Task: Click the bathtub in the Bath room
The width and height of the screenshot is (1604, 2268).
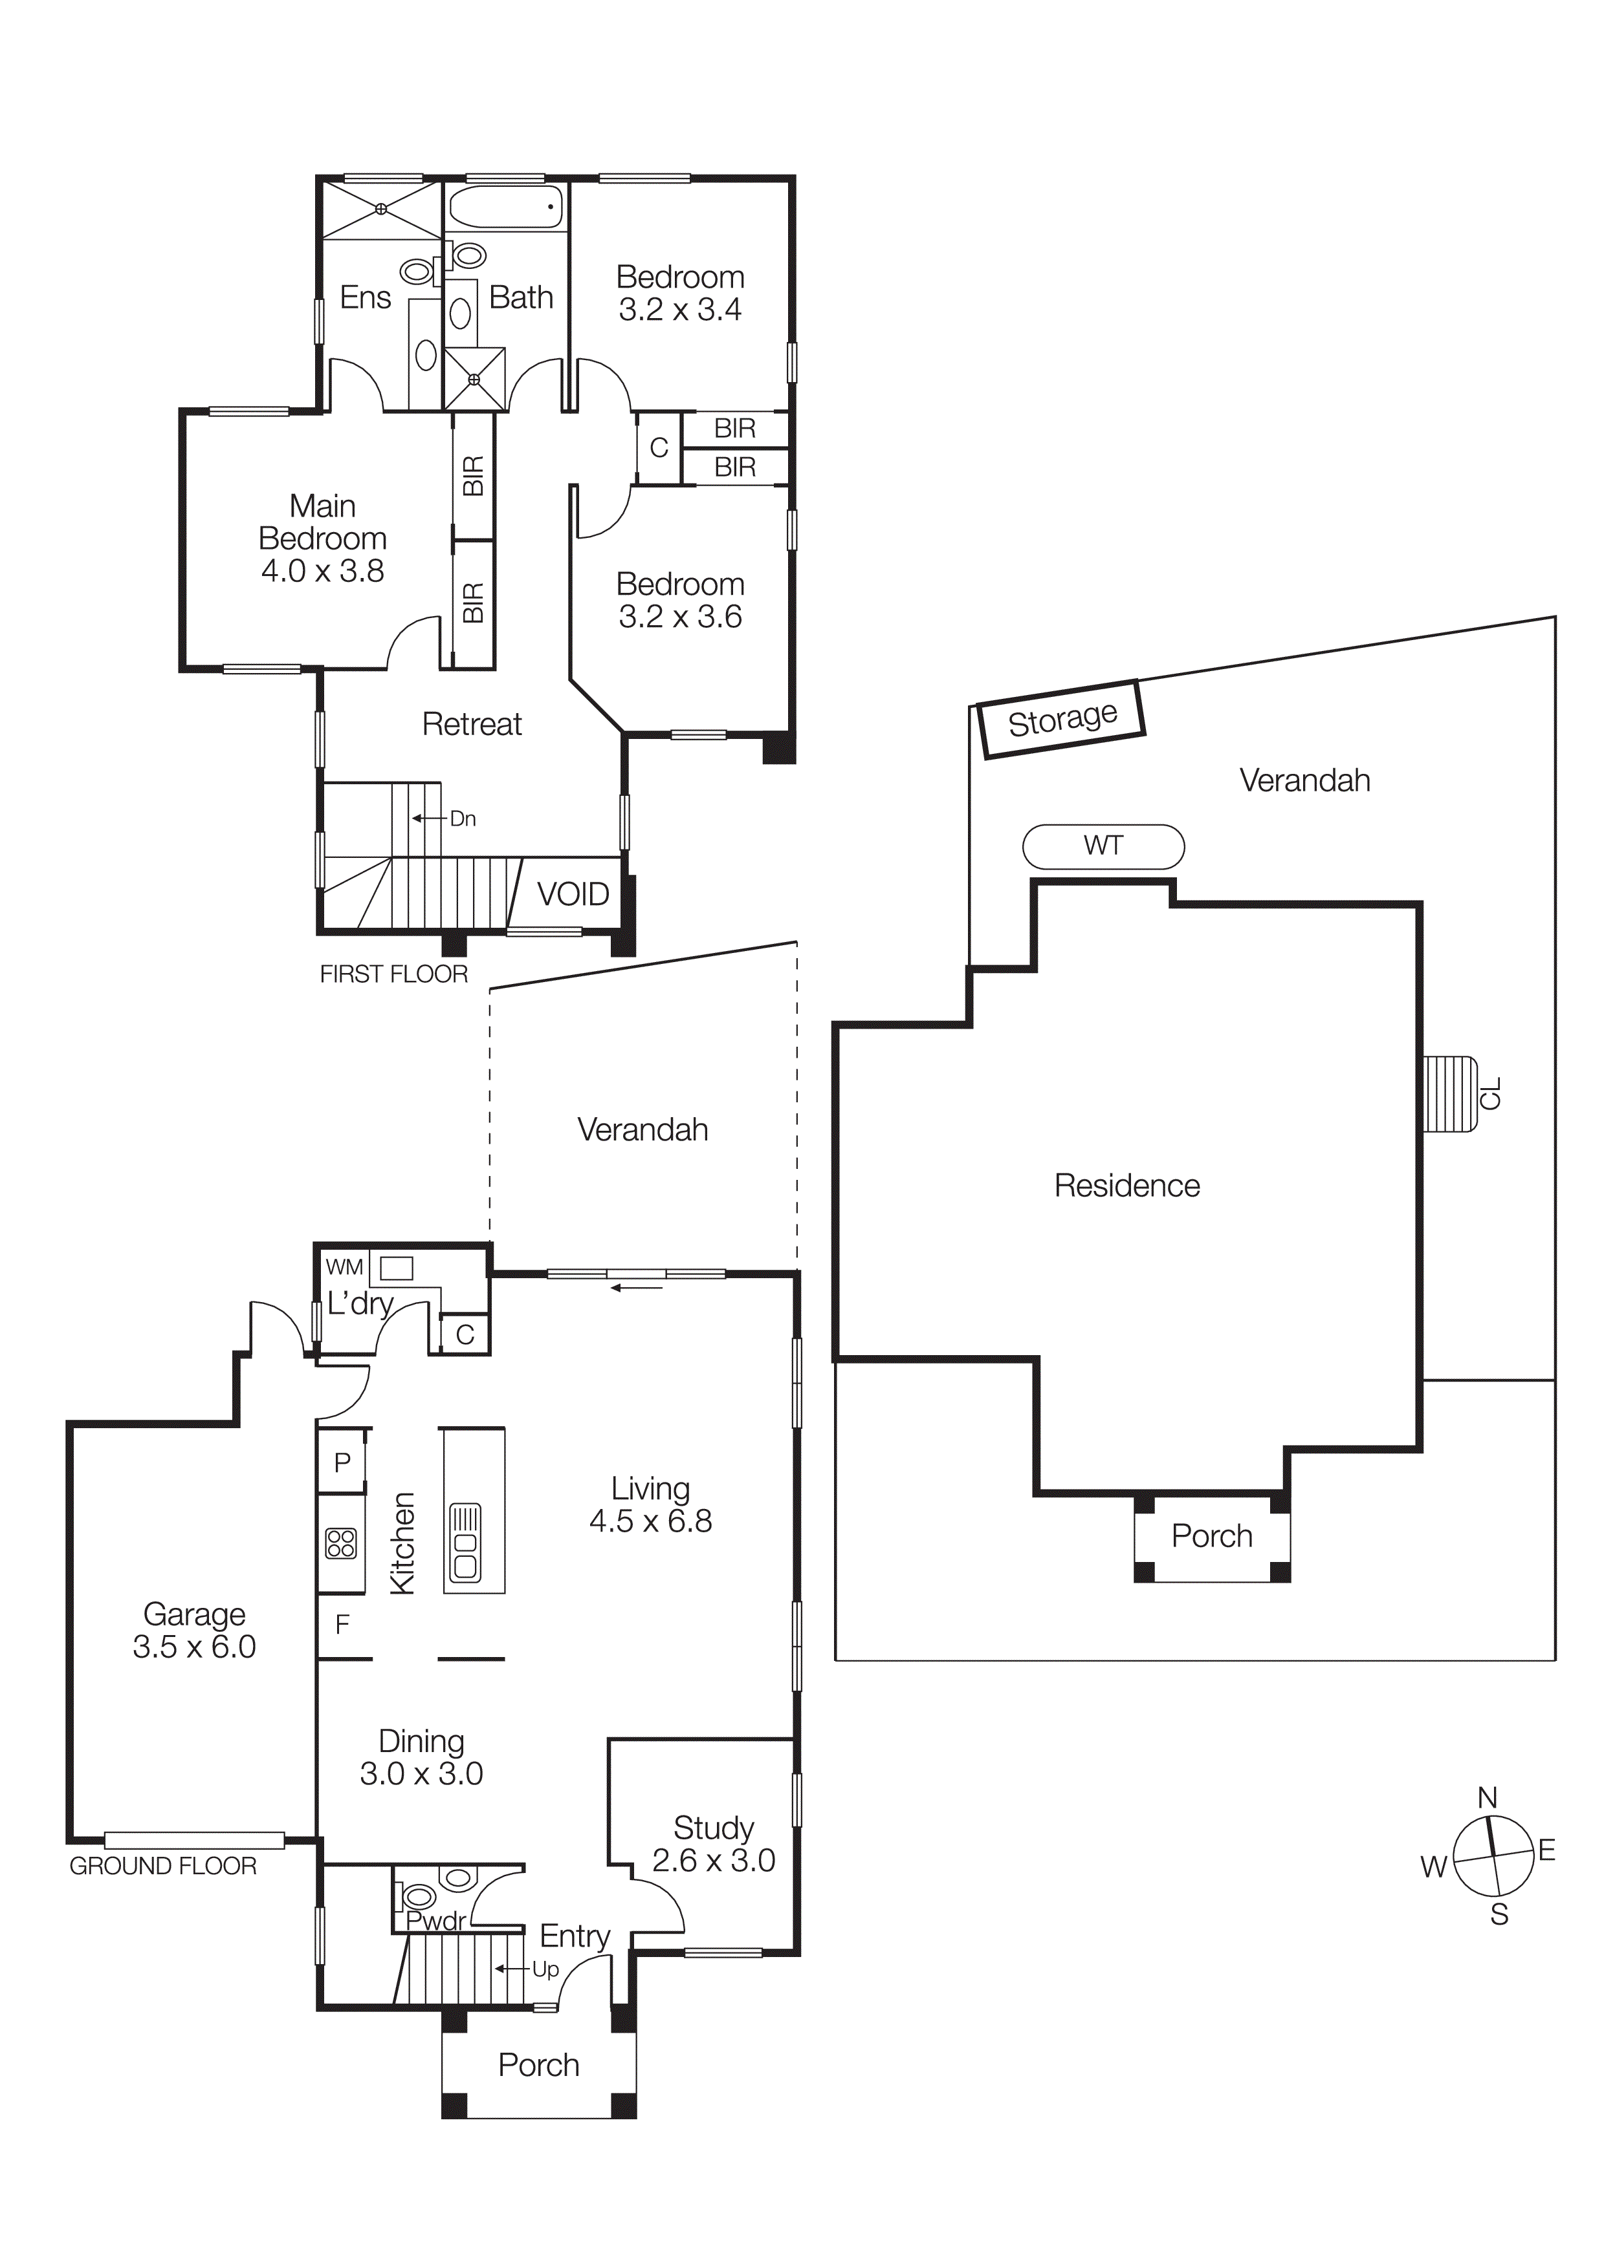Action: pos(506,208)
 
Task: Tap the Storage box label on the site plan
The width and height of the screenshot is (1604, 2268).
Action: pos(1061,719)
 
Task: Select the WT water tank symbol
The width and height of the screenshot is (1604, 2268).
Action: pos(1103,846)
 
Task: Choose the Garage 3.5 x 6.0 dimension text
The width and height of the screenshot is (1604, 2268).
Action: pos(195,1647)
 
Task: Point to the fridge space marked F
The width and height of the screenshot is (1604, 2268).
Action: pos(342,1625)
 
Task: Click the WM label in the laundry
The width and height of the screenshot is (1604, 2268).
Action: pos(344,1267)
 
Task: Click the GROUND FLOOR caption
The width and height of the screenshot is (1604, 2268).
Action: pos(163,1866)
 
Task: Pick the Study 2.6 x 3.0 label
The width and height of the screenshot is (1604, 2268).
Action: pos(714,1845)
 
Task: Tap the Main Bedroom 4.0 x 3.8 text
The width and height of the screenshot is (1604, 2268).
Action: pos(322,539)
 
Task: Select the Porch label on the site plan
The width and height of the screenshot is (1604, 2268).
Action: pos(1212,1536)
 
